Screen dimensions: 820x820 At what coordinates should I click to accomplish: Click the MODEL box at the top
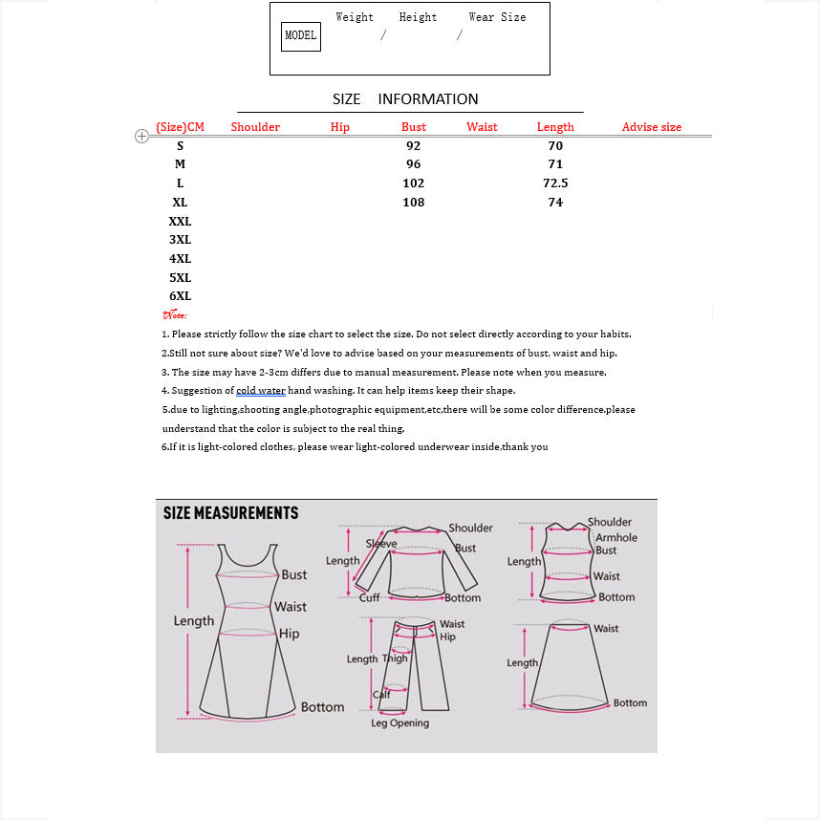click(300, 36)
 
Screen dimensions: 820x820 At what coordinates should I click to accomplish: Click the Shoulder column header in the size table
click(255, 127)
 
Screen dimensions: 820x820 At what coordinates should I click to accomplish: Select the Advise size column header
click(652, 127)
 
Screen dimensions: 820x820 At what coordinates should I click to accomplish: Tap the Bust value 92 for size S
click(413, 146)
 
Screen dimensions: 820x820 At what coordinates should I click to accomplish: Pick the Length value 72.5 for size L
click(555, 183)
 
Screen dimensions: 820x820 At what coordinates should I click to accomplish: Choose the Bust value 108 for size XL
click(413, 203)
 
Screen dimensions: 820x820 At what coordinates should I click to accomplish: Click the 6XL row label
click(180, 296)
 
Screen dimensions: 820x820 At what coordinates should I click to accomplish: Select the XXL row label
click(180, 222)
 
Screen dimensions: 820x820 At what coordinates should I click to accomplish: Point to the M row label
click(180, 164)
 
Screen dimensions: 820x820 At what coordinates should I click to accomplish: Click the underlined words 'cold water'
click(261, 391)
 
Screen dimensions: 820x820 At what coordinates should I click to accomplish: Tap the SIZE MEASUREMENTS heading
click(230, 513)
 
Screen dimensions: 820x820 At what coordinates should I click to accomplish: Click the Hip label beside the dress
click(290, 634)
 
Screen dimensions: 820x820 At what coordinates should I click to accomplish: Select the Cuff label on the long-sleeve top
click(370, 598)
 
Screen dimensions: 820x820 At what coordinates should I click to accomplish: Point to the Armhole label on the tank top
click(616, 538)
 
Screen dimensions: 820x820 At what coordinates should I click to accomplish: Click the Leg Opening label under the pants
click(399, 723)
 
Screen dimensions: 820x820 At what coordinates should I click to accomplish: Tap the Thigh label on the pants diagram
click(395, 658)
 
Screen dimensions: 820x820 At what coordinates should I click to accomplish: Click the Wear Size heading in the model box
click(497, 17)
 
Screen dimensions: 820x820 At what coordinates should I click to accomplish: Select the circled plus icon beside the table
click(141, 137)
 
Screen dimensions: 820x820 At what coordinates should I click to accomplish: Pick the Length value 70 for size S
click(555, 146)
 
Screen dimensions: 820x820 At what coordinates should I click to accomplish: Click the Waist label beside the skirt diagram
click(606, 629)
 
